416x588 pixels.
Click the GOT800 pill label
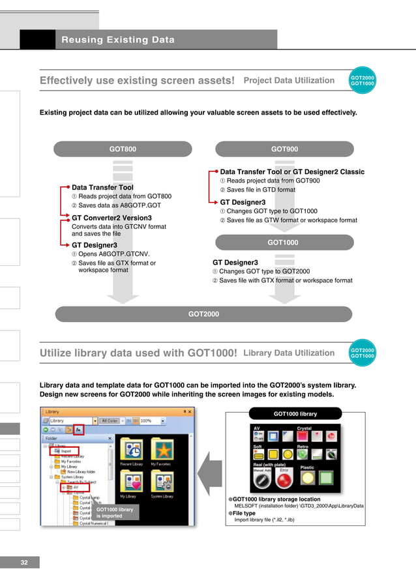pyautogui.click(x=123, y=149)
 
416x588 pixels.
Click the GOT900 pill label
pyautogui.click(x=284, y=149)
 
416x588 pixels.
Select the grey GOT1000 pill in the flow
pyautogui.click(x=283, y=243)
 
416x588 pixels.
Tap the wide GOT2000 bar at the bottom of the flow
pyautogui.click(x=203, y=314)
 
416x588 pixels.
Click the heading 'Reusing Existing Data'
pyautogui.click(x=118, y=40)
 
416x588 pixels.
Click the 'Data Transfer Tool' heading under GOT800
pyautogui.click(x=102, y=187)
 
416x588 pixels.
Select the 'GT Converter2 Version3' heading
pyautogui.click(x=111, y=218)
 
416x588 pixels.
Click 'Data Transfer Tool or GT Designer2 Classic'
pyautogui.click(x=292, y=172)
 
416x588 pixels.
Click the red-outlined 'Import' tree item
pyautogui.click(x=66, y=450)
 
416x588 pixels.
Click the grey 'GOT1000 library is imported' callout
pyautogui.click(x=115, y=512)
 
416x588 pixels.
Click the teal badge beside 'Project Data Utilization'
pyautogui.click(x=363, y=80)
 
